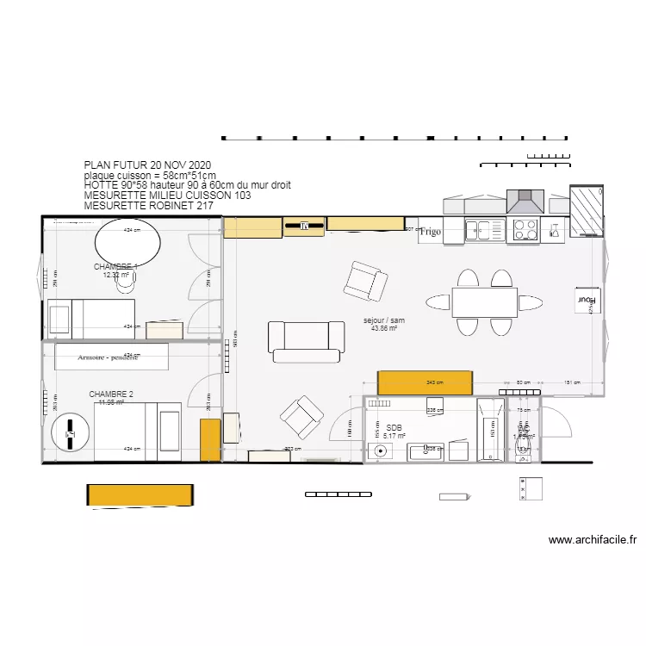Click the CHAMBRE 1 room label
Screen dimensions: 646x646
click(115, 267)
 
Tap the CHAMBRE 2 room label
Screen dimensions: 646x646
click(111, 394)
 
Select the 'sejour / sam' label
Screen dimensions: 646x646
click(383, 320)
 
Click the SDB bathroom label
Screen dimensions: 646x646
click(394, 427)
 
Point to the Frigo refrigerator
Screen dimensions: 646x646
click(431, 232)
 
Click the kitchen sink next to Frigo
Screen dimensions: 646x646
click(484, 230)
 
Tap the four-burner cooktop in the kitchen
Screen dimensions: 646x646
click(525, 230)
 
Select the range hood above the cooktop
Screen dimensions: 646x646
click(525, 202)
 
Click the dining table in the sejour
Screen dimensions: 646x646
click(484, 302)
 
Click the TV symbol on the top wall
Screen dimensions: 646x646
click(304, 227)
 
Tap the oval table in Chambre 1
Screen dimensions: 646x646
click(127, 243)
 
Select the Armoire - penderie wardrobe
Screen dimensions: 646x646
click(109, 357)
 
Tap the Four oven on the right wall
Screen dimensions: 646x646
click(587, 301)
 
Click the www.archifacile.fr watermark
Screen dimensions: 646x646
click(592, 541)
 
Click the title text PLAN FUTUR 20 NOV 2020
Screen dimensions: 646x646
click(147, 165)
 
